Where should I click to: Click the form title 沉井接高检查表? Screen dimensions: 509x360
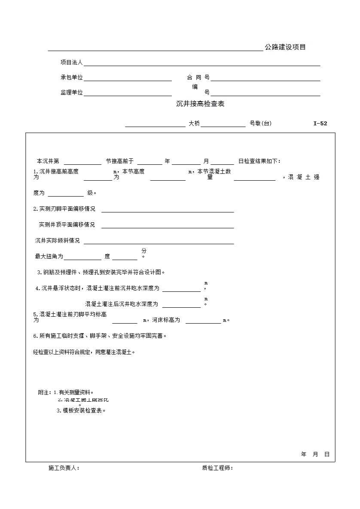pyautogui.click(x=200, y=104)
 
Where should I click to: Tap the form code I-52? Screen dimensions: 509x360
pyautogui.click(x=320, y=124)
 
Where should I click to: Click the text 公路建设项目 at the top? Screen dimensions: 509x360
pyautogui.click(x=285, y=47)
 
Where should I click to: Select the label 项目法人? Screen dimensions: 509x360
pyautogui.click(x=71, y=63)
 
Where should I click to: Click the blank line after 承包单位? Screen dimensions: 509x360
pyautogui.click(x=128, y=78)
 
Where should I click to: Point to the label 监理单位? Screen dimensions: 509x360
pyautogui.click(x=71, y=93)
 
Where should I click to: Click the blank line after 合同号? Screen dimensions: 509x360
pyautogui.click(x=265, y=78)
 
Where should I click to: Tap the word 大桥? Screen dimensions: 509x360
pyautogui.click(x=194, y=124)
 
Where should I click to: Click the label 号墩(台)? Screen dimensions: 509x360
pyautogui.click(x=260, y=124)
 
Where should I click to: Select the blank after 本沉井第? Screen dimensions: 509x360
pyautogui.click(x=82, y=162)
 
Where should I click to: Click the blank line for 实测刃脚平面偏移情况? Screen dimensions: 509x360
pyautogui.click(x=168, y=209)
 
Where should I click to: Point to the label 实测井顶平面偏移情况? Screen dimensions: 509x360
pyautogui.click(x=67, y=225)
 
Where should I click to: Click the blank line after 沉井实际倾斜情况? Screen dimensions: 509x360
pyautogui.click(x=159, y=241)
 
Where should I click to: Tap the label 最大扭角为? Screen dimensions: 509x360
pyautogui.click(x=49, y=257)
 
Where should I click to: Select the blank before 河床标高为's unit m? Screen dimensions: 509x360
pyautogui.click(x=203, y=321)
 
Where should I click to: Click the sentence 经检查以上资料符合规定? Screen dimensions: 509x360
pyautogui.click(x=84, y=352)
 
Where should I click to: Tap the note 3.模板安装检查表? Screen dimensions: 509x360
pyautogui.click(x=81, y=411)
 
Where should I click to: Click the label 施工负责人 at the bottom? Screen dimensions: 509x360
pyautogui.click(x=64, y=468)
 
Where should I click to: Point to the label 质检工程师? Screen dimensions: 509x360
pyautogui.click(x=217, y=468)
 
